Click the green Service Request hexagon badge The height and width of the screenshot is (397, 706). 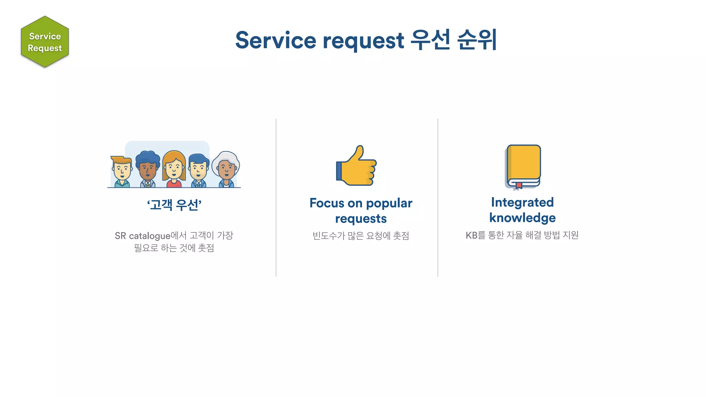pyautogui.click(x=45, y=42)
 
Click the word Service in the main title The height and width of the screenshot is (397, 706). pyautogui.click(x=275, y=40)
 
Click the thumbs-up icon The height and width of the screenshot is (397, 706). pyautogui.click(x=357, y=166)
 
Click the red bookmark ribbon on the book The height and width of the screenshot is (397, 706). pyautogui.click(x=519, y=185)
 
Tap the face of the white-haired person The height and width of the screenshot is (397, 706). pyautogui.click(x=226, y=169)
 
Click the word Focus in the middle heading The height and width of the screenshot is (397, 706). pyautogui.click(x=326, y=203)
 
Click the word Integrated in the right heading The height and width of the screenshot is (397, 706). pyautogui.click(x=522, y=202)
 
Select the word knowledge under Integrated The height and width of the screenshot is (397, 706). pyautogui.click(x=522, y=218)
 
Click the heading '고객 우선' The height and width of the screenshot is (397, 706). pyautogui.click(x=174, y=205)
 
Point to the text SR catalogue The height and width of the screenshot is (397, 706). pyautogui.click(x=142, y=236)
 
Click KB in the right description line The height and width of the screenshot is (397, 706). pyautogui.click(x=471, y=235)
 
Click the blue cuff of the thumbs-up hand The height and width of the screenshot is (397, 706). pyautogui.click(x=339, y=171)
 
